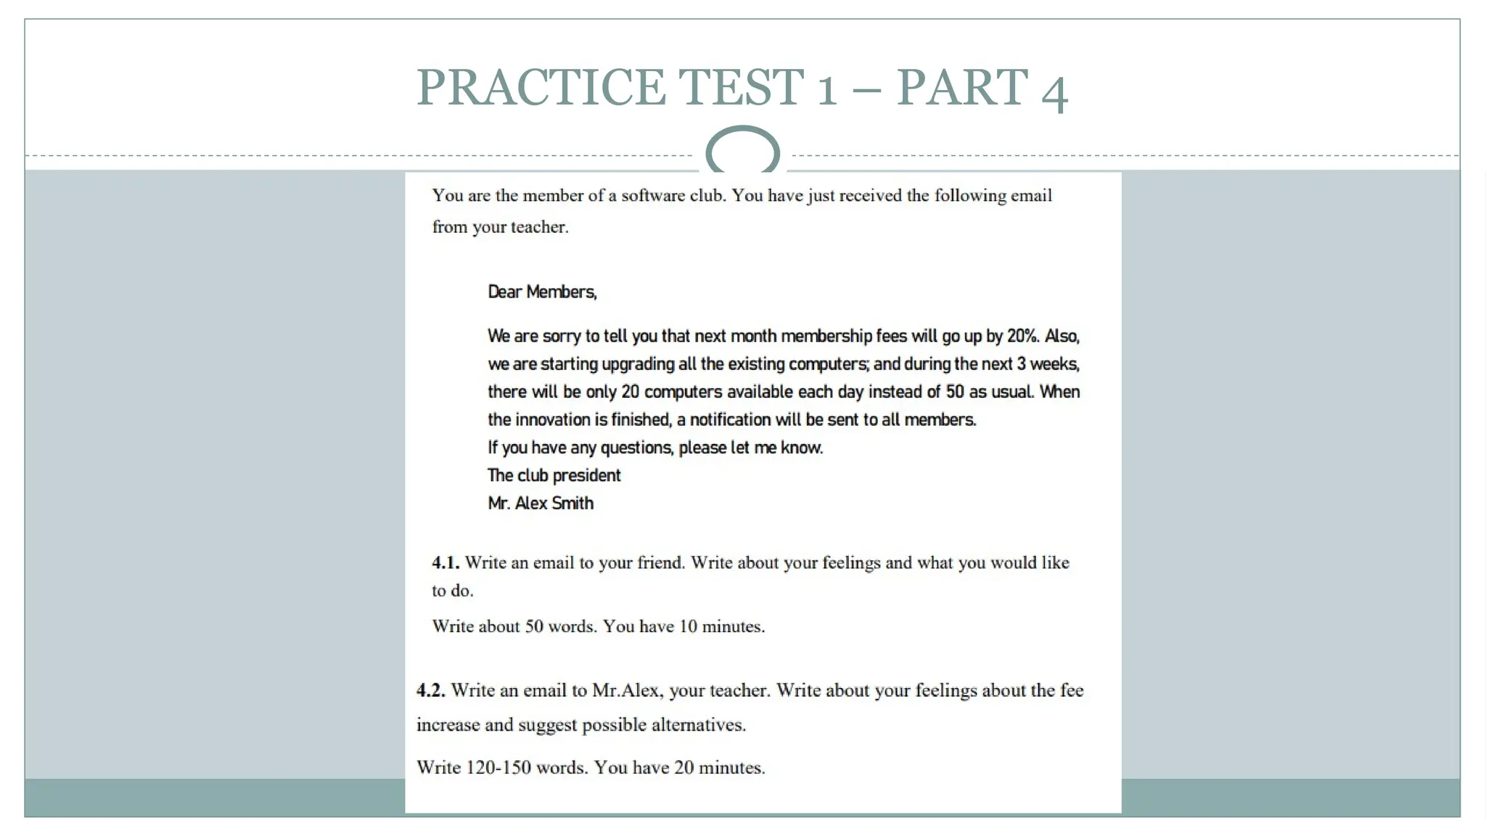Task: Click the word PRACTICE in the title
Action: [541, 88]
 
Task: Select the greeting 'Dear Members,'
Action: [542, 292]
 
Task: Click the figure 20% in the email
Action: [1022, 336]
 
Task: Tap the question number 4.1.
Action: [446, 562]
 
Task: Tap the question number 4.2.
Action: [430, 690]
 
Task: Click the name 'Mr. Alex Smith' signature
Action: [541, 504]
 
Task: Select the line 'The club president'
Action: [554, 475]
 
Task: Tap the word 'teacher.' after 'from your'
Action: [540, 227]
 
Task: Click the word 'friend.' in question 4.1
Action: [661, 562]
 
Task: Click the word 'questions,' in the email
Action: [637, 448]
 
